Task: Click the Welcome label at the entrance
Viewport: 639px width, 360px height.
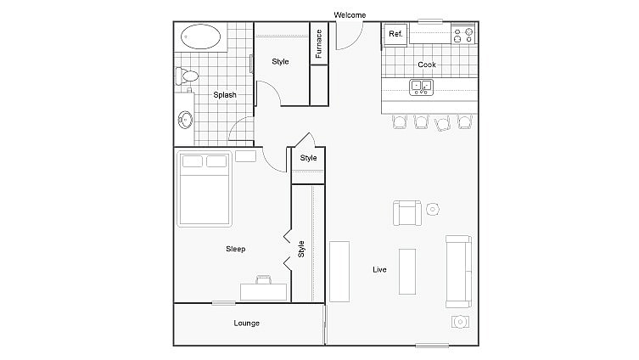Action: tap(350, 14)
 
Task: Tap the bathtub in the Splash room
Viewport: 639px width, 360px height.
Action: tap(202, 37)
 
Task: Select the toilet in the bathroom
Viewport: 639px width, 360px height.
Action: tap(188, 76)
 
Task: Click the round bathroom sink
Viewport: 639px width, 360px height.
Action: tap(186, 119)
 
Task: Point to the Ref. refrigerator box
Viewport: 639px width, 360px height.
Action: tap(395, 34)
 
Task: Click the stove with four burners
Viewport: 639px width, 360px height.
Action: tap(462, 35)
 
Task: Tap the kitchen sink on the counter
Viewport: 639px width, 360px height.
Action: tap(422, 86)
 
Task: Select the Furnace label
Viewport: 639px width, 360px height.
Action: tap(319, 44)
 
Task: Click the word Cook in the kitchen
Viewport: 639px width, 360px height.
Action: tap(427, 65)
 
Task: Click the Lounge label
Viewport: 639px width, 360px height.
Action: tap(247, 323)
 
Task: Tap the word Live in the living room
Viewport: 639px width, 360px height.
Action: tap(379, 270)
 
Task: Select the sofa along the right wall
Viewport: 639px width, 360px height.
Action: tap(458, 271)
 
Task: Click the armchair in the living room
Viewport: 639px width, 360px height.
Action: tap(406, 212)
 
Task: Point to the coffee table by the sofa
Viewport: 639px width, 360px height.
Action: tap(407, 271)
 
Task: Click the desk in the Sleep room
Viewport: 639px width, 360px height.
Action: tap(263, 290)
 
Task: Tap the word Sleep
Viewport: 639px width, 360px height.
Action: tap(235, 249)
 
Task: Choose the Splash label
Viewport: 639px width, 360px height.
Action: tap(225, 95)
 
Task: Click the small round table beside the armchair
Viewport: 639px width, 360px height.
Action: tap(433, 209)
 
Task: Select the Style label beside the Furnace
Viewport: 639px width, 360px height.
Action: tap(280, 61)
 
